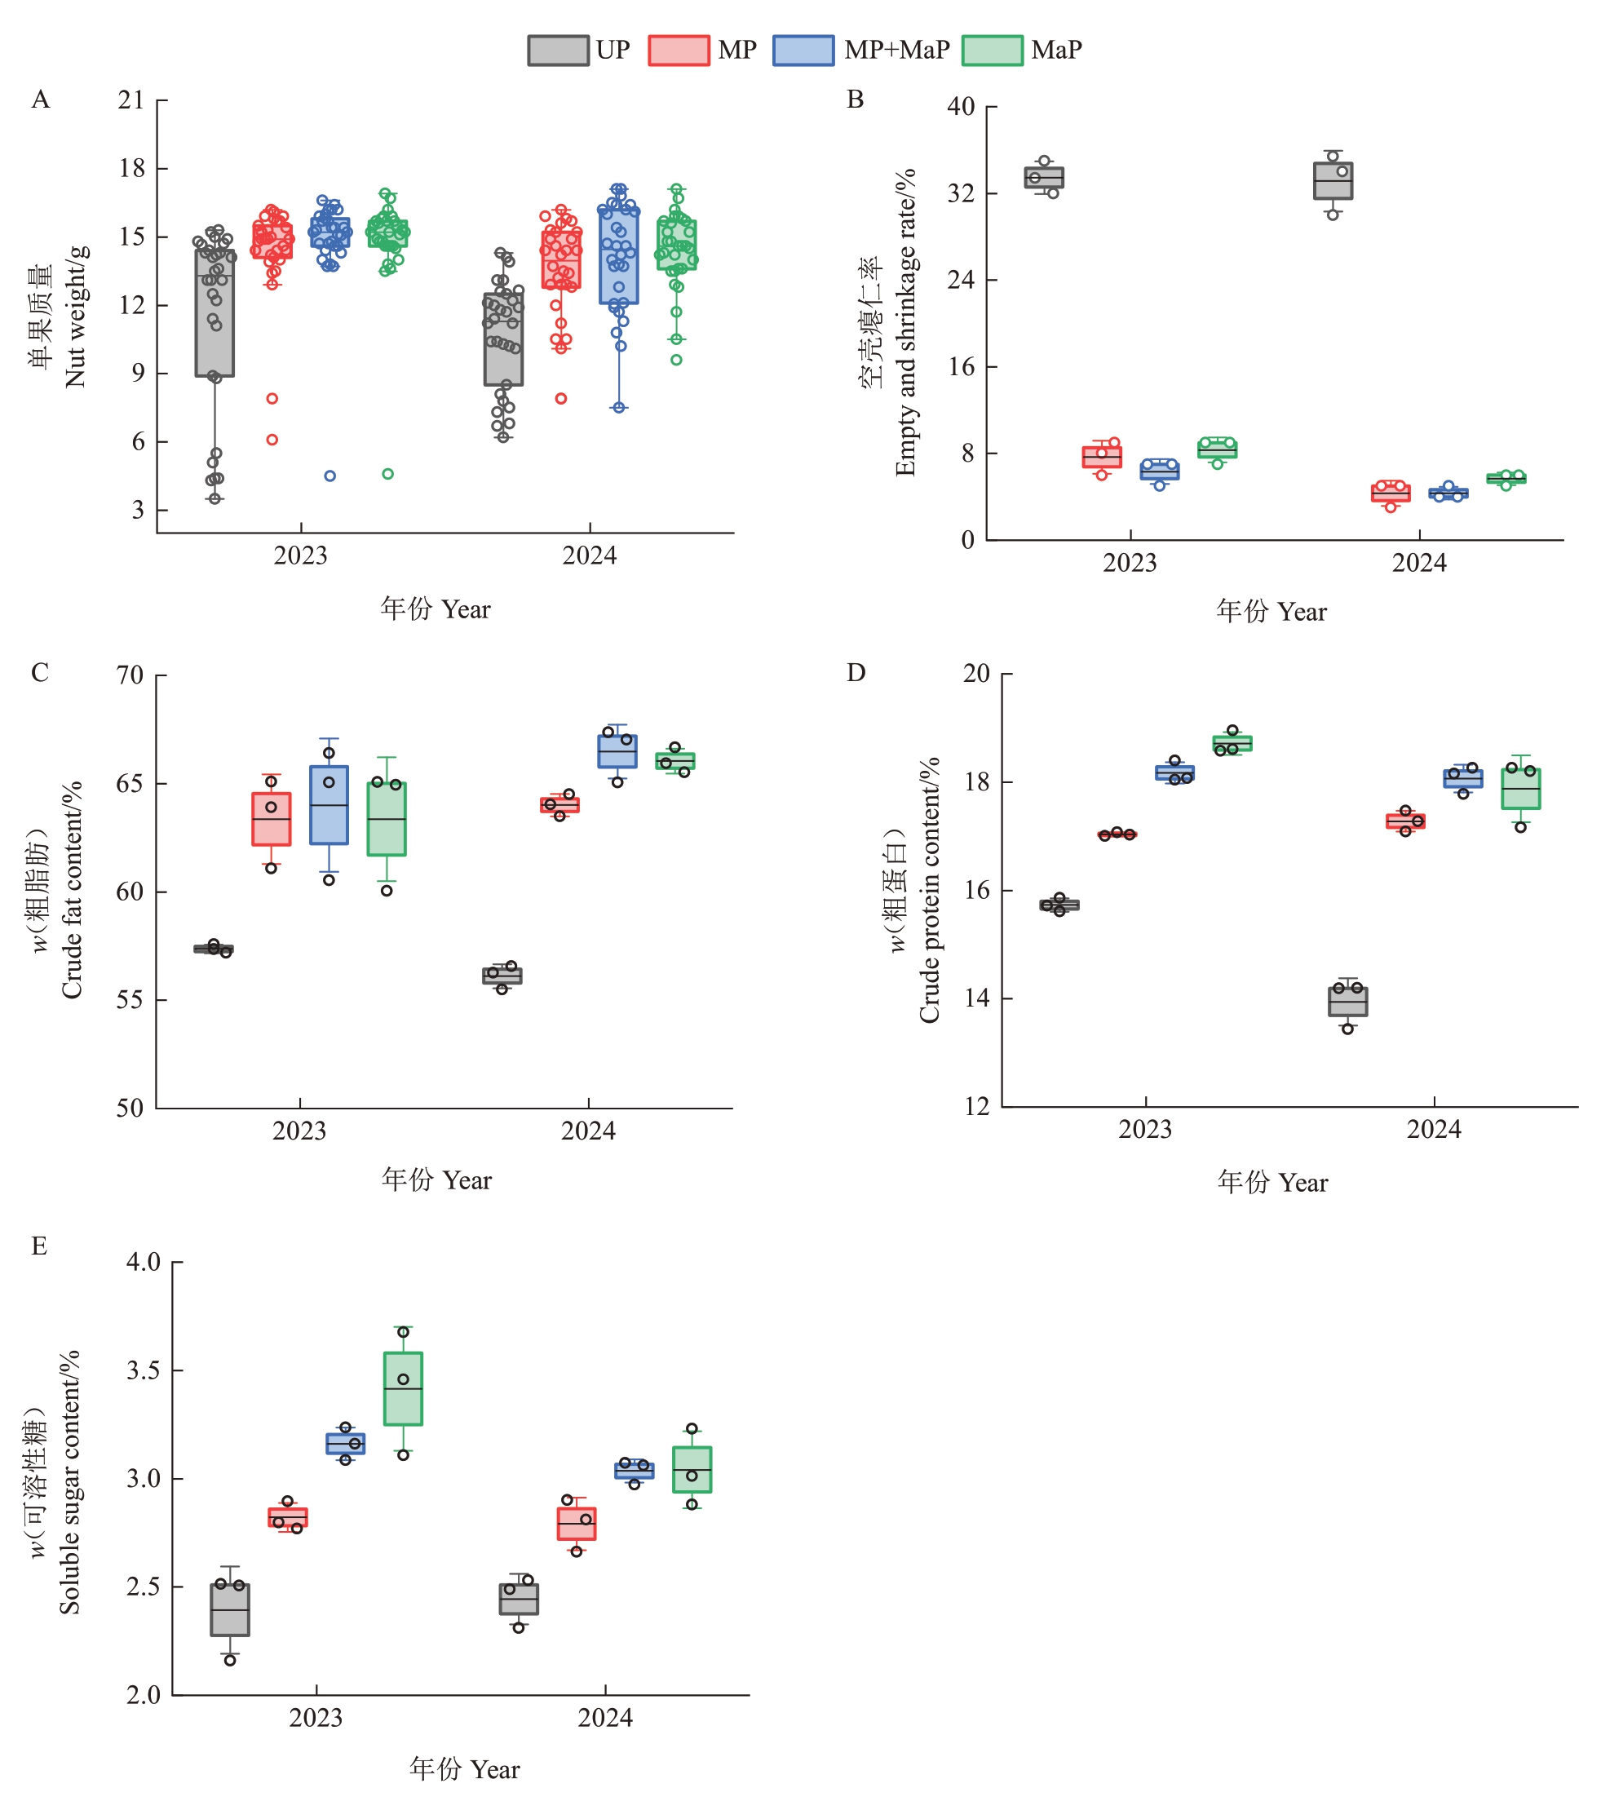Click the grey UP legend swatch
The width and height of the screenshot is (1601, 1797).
(x=558, y=50)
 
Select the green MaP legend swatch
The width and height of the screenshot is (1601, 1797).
(x=992, y=50)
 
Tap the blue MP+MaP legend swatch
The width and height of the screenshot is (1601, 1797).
(x=803, y=50)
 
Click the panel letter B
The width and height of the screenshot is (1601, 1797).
(x=855, y=100)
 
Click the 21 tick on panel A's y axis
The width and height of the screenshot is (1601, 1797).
(x=131, y=100)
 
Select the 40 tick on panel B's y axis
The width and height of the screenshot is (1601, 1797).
(x=961, y=106)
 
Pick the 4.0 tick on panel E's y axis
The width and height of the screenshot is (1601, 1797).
(x=144, y=1261)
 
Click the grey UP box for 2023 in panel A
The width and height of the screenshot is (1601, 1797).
(x=214, y=313)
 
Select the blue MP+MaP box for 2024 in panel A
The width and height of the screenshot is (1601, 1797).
(x=619, y=256)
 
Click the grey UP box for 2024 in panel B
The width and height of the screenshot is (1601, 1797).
(x=1333, y=181)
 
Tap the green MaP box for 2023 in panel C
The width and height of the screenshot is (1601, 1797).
(x=386, y=819)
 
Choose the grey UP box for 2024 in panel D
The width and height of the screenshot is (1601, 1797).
(x=1347, y=1002)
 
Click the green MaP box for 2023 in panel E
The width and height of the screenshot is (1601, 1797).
(x=403, y=1389)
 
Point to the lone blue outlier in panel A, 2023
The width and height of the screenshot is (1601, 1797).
(x=329, y=476)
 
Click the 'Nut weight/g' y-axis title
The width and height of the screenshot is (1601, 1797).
(x=76, y=316)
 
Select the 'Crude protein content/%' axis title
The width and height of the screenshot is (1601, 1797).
(x=929, y=890)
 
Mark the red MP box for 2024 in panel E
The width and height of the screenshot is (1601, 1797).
(x=576, y=1524)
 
